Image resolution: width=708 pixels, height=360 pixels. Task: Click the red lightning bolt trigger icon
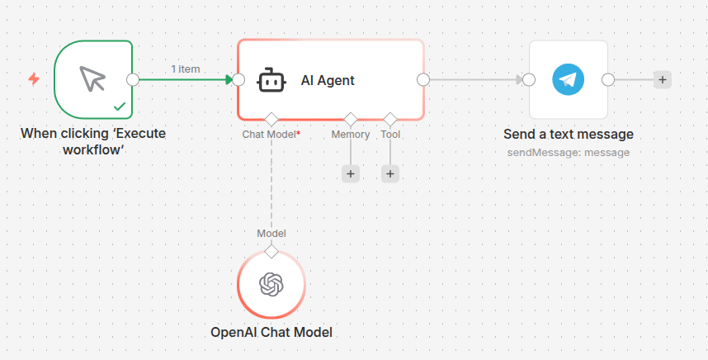[x=34, y=79]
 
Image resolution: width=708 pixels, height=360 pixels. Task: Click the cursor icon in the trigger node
[x=92, y=79]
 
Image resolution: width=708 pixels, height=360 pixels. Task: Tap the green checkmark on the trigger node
[x=120, y=107]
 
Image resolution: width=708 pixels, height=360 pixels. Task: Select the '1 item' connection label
[x=186, y=69]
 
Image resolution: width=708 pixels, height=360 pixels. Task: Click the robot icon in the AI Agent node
[x=271, y=80]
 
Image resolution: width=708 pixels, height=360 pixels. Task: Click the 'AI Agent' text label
[x=328, y=80]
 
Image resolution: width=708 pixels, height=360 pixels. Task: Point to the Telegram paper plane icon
[x=568, y=79]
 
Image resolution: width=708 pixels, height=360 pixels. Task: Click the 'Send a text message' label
[x=569, y=134]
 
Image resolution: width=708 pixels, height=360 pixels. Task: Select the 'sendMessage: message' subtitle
[x=569, y=153]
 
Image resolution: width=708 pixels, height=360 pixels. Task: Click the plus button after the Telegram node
[x=662, y=79]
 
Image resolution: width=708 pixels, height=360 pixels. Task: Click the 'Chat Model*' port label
[x=271, y=134]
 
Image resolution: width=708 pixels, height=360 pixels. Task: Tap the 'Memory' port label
[x=351, y=134]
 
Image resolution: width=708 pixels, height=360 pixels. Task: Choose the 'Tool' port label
[x=390, y=134]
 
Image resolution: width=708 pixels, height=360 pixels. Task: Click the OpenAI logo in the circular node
[x=271, y=285]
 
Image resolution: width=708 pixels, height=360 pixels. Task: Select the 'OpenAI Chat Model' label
[x=271, y=333]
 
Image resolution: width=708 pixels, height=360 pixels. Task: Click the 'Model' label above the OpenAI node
[x=271, y=234]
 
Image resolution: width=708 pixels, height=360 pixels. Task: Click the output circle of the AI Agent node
[x=423, y=79]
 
